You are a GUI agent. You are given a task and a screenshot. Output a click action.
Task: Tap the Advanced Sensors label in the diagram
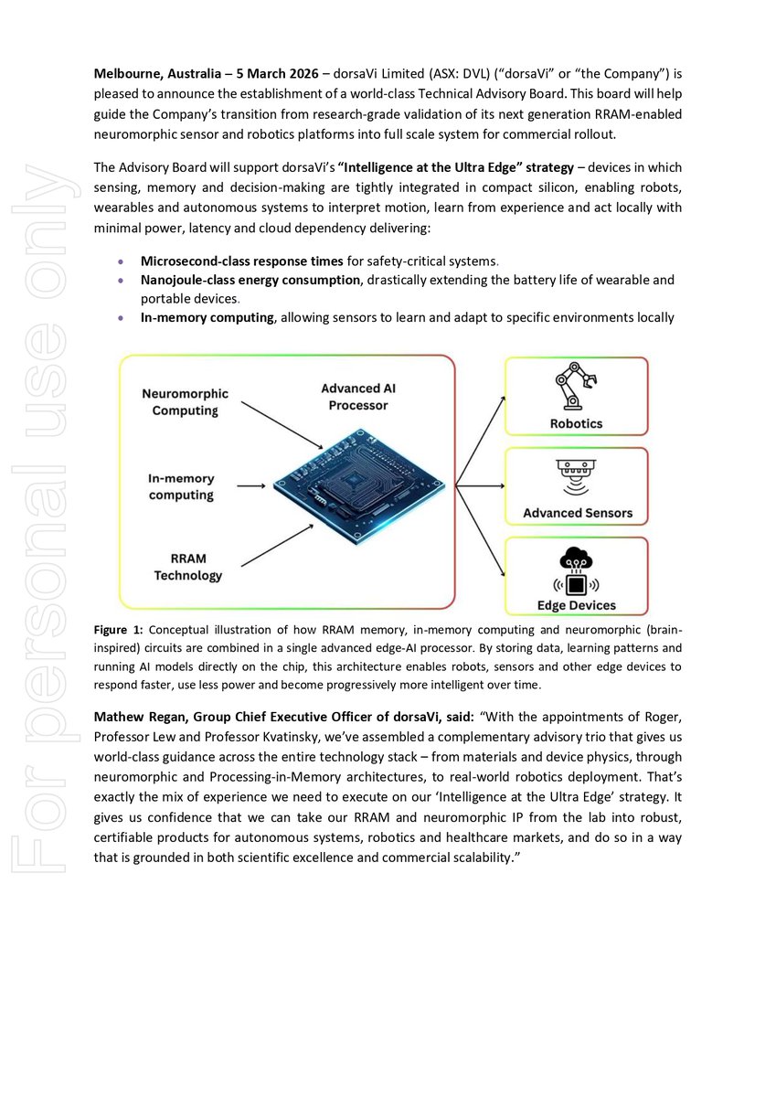point(577,513)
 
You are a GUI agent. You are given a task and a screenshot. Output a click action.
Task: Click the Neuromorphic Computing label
point(186,402)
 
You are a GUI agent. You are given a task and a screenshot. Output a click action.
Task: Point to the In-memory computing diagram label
point(181,486)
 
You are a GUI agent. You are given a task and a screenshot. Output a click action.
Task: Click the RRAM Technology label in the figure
point(187,567)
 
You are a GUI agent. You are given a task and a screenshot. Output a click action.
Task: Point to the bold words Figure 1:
point(119,630)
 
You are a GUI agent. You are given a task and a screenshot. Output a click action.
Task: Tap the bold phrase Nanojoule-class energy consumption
point(250,280)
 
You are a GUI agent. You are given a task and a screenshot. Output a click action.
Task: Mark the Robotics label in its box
point(576,424)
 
